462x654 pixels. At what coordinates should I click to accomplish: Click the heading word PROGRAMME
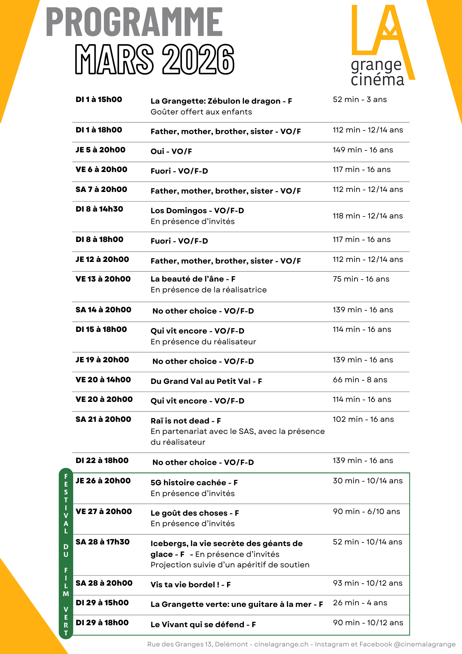point(134,22)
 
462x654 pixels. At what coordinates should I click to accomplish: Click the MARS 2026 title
point(155,60)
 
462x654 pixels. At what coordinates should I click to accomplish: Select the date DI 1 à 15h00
point(99,100)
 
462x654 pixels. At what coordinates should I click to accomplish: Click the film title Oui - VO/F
point(171,151)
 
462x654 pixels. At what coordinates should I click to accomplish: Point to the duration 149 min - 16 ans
point(363,150)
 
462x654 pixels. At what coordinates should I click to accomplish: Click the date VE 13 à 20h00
point(103,279)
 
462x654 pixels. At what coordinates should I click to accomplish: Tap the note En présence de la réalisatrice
point(208,290)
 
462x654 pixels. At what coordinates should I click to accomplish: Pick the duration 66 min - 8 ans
point(360,380)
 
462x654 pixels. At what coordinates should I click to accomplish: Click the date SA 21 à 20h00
point(103,420)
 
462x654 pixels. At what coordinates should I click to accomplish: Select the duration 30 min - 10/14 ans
point(368,481)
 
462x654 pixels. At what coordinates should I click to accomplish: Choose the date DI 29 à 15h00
point(102,603)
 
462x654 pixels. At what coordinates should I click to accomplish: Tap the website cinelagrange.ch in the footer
point(281,644)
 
